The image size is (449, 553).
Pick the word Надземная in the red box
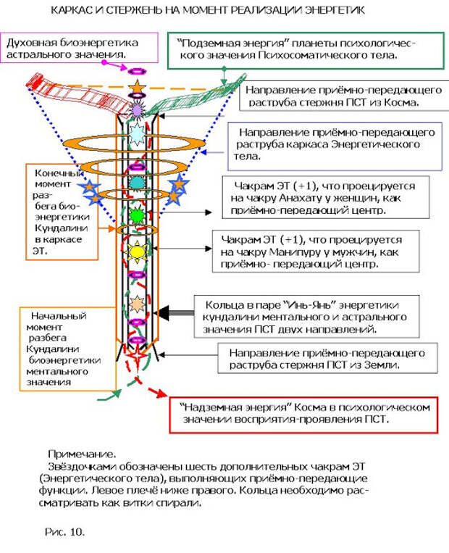[214, 407]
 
